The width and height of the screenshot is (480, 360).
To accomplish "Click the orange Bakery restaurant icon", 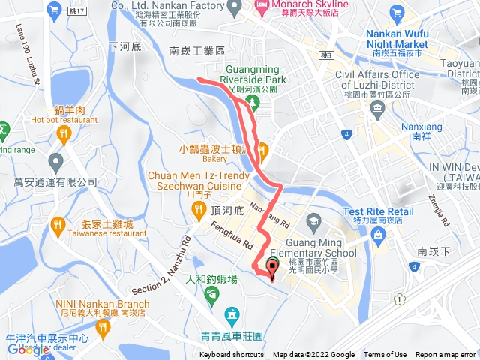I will point(263,148).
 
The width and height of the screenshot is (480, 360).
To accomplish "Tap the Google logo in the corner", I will point(28,349).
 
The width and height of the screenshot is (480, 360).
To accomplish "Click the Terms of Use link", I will point(385,355).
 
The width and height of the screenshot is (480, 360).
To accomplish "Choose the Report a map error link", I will point(445,355).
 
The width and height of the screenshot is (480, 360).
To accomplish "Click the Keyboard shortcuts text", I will point(231,355).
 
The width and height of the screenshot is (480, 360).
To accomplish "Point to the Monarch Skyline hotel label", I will point(301,5).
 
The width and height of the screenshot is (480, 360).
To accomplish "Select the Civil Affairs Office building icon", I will point(377,107).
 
